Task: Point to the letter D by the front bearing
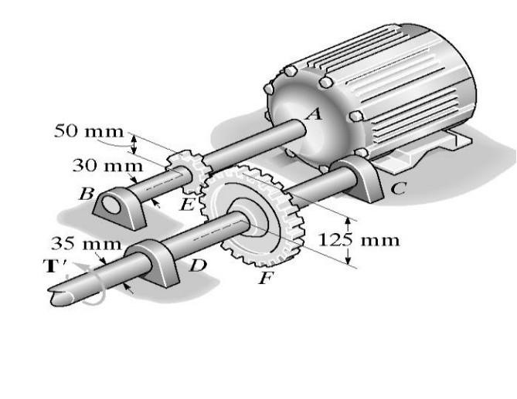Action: (199, 266)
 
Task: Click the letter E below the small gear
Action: (186, 204)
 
